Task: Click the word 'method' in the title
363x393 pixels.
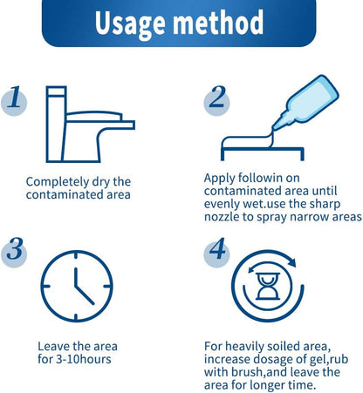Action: (218, 22)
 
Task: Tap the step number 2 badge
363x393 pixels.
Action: (216, 100)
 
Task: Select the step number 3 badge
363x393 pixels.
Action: (14, 252)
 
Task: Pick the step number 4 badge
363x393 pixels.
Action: (216, 252)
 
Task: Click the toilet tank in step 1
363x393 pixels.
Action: (56, 124)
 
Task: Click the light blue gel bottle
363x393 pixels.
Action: (306, 102)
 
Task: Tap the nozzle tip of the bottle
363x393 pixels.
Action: (273, 128)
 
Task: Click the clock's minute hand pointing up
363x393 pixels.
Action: (76, 277)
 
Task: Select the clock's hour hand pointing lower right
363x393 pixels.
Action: (85, 295)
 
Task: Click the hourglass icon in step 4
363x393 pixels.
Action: (268, 286)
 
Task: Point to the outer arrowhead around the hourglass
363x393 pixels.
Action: (291, 262)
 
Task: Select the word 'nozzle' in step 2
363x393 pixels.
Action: (222, 217)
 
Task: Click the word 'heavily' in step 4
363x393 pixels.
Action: (244, 347)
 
